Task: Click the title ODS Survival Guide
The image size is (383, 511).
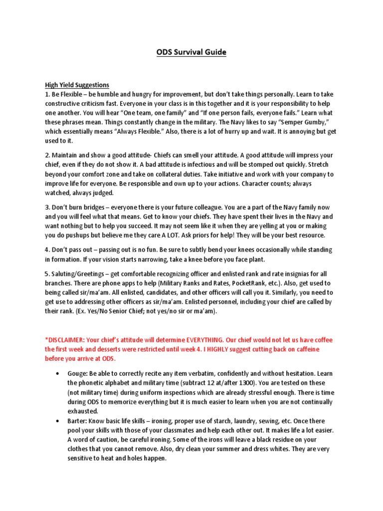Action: (x=191, y=52)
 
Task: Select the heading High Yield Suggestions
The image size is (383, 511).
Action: (x=77, y=85)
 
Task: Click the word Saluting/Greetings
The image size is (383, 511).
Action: (x=83, y=273)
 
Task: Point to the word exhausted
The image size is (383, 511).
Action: (x=84, y=412)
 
